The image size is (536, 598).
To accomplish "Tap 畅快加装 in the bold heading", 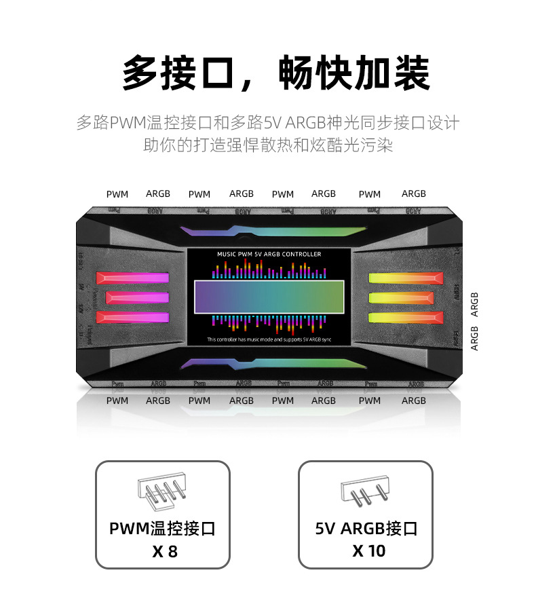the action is [354, 73].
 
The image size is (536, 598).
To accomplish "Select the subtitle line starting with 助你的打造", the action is [268, 145].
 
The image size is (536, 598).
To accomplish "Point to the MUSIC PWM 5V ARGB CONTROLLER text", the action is [269, 254].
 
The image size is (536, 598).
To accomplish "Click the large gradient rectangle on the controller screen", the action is [269, 297].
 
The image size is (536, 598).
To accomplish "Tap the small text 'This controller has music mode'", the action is [269, 339].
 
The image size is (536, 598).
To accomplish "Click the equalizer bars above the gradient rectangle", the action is [269, 270].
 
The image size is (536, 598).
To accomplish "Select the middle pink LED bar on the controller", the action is [136, 297].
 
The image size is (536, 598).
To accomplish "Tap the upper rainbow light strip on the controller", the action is [269, 231].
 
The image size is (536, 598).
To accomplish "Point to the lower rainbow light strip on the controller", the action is [269, 363].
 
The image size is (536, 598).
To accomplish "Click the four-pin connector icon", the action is [161, 492].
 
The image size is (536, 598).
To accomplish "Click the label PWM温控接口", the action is [162, 528].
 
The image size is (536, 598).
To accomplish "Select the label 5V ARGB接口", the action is [366, 528].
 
